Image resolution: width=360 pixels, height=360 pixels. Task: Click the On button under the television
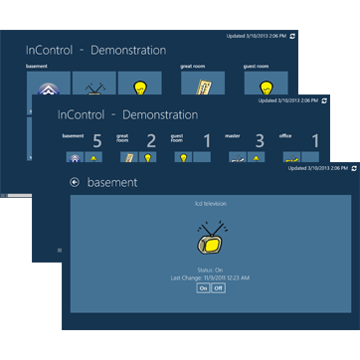point(204,287)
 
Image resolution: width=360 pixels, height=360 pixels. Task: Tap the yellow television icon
point(210,239)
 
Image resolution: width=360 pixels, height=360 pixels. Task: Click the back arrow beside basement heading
point(75,183)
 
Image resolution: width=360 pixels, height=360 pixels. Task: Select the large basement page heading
point(111,183)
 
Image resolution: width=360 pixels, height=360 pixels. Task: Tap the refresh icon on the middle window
point(324,100)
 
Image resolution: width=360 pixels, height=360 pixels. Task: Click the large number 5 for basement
point(97,140)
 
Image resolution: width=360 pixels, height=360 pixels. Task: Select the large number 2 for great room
point(150,140)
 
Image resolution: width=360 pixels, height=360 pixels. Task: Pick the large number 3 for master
point(260,140)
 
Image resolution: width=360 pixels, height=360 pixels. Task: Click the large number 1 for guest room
point(206,140)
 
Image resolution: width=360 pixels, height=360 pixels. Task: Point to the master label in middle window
point(237,135)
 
